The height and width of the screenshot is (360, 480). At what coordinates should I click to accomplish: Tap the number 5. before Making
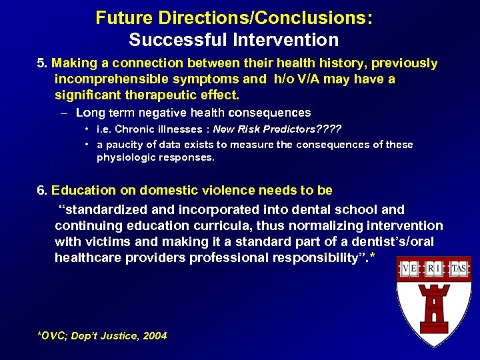pos(42,63)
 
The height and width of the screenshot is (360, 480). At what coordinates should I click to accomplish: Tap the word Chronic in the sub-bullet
pos(132,129)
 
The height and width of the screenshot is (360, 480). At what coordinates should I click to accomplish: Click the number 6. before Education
pos(42,191)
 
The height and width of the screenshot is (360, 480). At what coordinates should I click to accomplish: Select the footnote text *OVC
pos(51,336)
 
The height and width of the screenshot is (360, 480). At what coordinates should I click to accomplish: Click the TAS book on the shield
pos(459,269)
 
